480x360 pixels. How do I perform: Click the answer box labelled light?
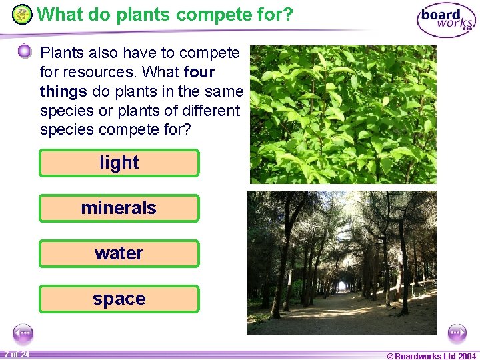click(119, 163)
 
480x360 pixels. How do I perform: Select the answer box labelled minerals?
click(119, 208)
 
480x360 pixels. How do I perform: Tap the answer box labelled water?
click(119, 253)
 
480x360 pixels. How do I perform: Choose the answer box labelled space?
click(119, 299)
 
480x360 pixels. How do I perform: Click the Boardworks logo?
click(446, 19)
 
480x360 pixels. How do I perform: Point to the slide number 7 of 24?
click(17, 355)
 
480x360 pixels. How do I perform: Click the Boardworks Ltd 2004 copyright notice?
click(431, 355)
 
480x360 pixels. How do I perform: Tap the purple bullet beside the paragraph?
click(24, 51)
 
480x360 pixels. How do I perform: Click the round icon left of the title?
click(22, 14)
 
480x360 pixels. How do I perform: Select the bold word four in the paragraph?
click(199, 71)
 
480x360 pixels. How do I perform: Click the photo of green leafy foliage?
click(343, 114)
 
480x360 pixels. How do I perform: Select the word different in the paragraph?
click(206, 110)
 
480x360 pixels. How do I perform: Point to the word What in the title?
click(59, 14)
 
